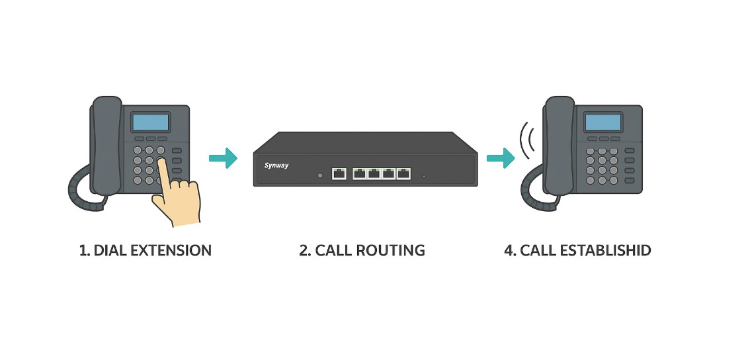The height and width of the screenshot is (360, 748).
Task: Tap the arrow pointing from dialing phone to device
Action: [224, 158]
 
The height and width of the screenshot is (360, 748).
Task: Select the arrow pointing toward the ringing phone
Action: [501, 158]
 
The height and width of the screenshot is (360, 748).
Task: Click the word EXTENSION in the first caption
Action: [171, 251]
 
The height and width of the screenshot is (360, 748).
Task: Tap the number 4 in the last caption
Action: [509, 251]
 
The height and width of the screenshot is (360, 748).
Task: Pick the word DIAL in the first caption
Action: [108, 251]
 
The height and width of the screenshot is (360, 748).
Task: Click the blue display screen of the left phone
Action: [151, 122]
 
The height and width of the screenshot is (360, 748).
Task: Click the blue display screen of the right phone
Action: [603, 122]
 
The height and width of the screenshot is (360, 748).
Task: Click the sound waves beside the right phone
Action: [527, 140]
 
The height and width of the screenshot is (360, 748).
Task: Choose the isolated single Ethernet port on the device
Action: [339, 174]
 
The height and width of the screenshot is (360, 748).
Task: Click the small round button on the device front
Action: [321, 175]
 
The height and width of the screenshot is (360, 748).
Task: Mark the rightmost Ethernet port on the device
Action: [403, 174]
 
